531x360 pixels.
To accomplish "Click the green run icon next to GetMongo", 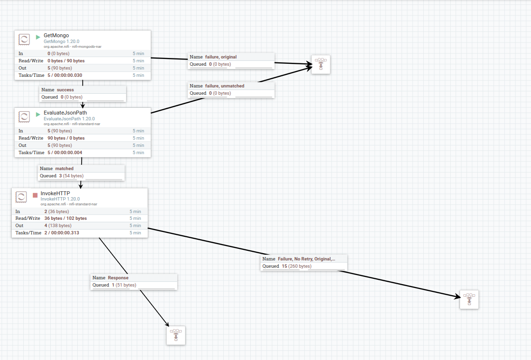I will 38,37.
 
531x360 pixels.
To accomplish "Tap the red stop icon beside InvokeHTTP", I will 35,195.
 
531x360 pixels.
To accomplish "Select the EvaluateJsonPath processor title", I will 65,113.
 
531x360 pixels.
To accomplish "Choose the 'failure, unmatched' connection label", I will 225,86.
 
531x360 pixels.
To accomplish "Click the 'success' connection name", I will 65,90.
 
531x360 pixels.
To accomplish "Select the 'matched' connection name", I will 64,169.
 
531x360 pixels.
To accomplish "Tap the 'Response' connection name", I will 118,278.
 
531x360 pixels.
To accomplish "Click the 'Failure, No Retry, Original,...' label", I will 306,259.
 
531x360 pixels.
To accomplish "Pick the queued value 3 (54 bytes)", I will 68,176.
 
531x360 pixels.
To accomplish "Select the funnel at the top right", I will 320,64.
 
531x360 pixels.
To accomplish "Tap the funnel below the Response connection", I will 176,335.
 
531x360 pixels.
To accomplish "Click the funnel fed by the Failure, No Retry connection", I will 469,299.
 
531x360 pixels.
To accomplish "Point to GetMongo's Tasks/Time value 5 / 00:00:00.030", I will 65,75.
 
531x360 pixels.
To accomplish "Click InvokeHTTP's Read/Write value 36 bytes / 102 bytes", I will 66,218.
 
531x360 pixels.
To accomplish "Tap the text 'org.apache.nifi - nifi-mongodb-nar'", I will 72,46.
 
